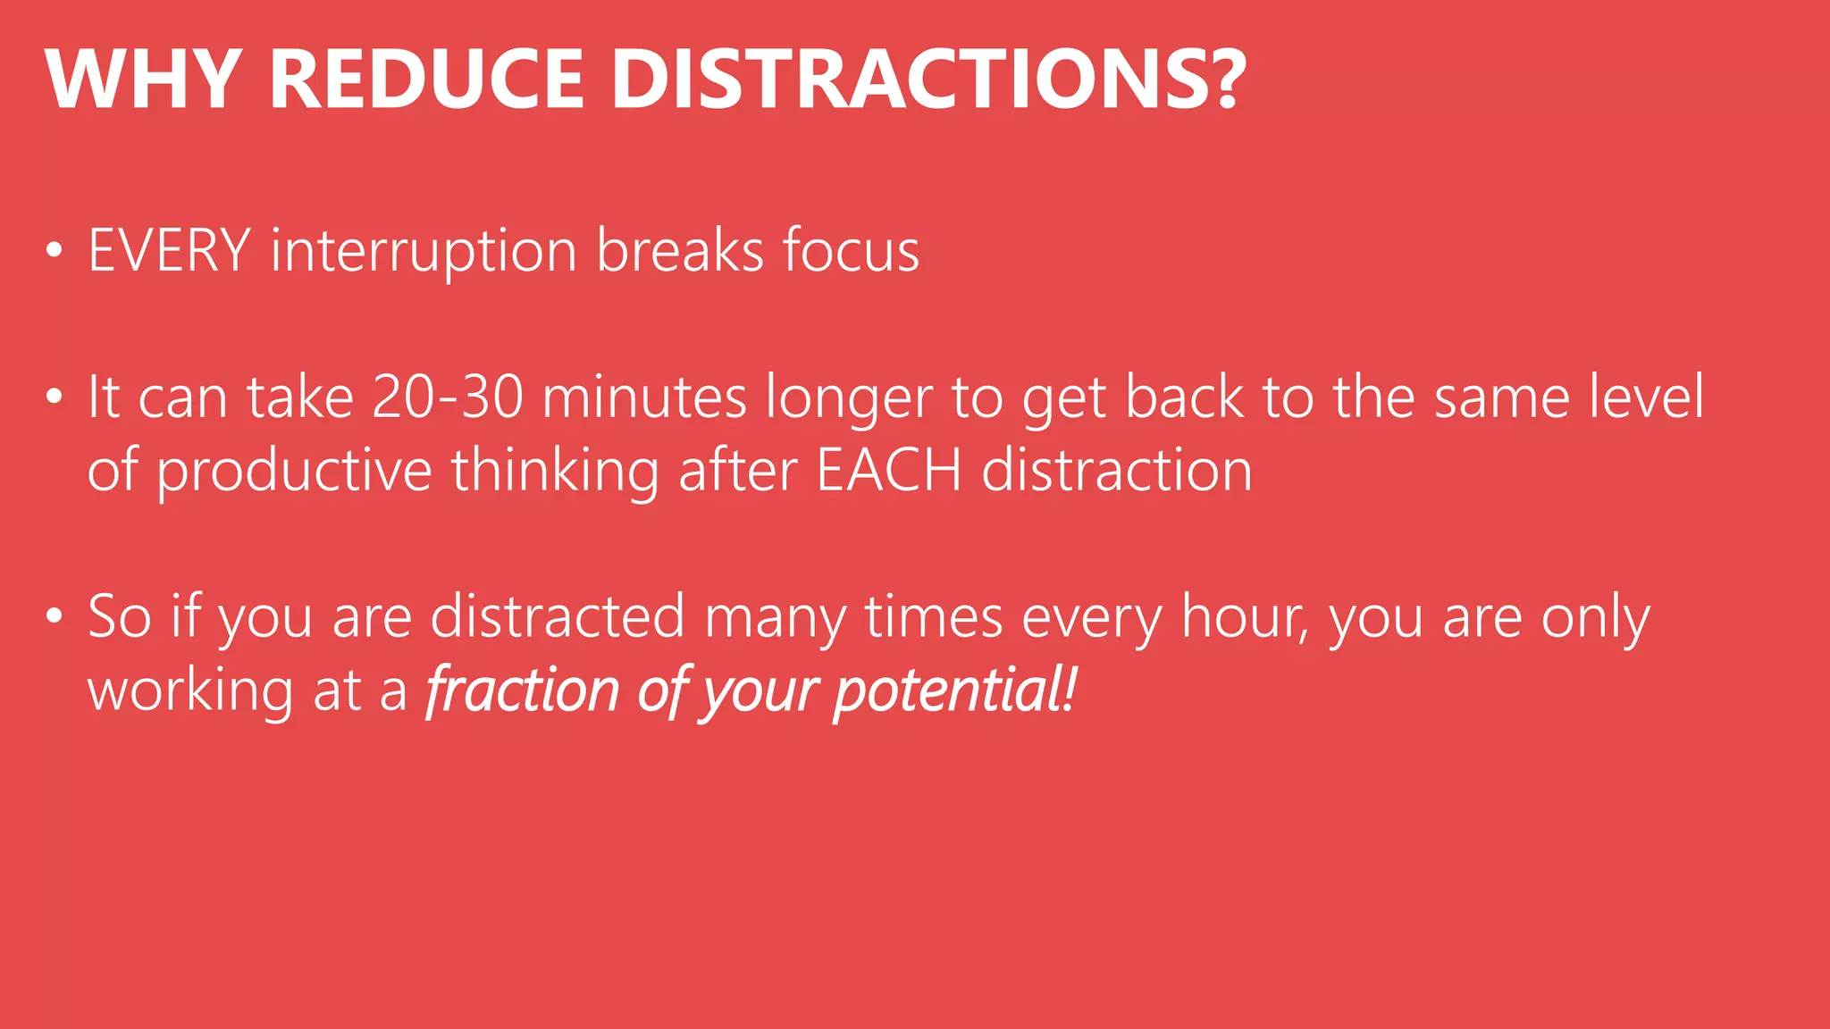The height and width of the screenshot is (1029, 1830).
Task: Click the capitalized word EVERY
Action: (169, 251)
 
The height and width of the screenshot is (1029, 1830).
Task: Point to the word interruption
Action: (424, 253)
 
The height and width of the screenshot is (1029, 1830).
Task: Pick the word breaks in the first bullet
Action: (680, 251)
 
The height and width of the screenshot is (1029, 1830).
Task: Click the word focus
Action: (851, 251)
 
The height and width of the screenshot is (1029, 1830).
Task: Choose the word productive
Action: (295, 472)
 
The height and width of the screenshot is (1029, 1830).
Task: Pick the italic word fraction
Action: (522, 690)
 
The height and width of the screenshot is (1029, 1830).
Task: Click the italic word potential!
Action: (955, 692)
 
